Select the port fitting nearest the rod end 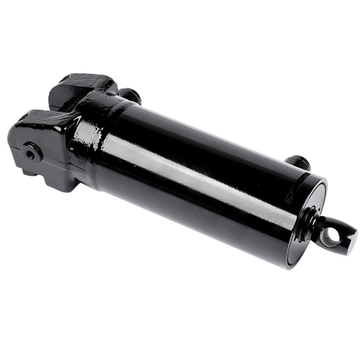coord(298,162)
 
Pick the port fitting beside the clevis coord(130,95)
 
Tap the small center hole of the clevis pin coord(29,153)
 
